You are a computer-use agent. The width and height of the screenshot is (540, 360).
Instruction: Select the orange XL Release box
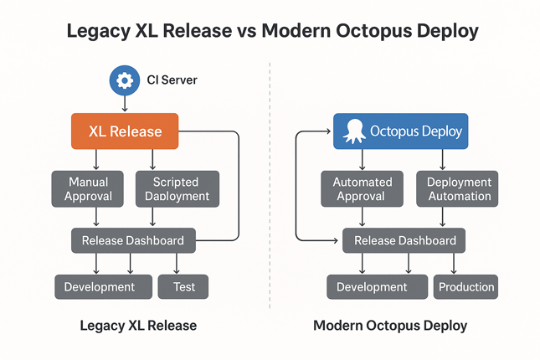pos(124,131)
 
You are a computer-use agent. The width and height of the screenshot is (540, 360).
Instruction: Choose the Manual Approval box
pos(88,188)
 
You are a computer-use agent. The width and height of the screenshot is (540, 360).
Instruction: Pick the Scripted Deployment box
pos(177,188)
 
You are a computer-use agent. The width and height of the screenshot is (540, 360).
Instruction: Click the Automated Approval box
pos(363,188)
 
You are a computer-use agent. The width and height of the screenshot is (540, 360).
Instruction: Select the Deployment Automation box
pos(457,188)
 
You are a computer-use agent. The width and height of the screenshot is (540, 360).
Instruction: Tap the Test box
pos(183,286)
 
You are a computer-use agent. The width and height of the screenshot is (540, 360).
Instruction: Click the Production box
pos(466,287)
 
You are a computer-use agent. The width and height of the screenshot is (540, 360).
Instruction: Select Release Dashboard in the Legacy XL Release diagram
pos(133,240)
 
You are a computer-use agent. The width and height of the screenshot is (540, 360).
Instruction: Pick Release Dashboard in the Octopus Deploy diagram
pos(405,240)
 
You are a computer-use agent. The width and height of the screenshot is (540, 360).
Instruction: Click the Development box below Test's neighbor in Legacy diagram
pos(100,286)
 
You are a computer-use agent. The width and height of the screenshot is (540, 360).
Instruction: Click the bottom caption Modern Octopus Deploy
pos(390,326)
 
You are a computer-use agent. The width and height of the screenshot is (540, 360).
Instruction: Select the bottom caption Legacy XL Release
pos(138,326)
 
